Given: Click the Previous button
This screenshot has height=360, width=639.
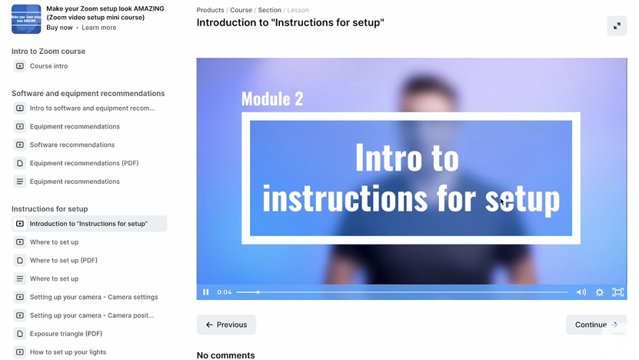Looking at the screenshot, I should tap(226, 325).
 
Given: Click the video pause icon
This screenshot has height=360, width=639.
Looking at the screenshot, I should tap(206, 292).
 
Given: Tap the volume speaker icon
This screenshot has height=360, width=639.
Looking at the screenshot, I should tap(581, 292).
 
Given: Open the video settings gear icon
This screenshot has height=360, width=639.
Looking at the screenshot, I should tap(600, 292).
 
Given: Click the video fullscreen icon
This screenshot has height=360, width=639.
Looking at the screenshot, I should tap(617, 292).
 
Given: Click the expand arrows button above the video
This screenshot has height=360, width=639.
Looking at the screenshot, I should tap(617, 25).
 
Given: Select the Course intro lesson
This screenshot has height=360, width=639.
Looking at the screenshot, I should tap(48, 66).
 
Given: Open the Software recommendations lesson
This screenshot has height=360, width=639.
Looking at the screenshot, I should tap(72, 145).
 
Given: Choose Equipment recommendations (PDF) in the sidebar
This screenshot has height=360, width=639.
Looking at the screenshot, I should tap(84, 163).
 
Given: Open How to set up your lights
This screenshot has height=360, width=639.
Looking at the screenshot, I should tap(68, 352).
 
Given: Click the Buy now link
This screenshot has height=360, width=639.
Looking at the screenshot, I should tap(59, 28).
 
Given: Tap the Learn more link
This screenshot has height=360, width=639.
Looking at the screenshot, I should tap(99, 28).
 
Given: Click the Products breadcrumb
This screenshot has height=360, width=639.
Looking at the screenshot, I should tap(210, 10).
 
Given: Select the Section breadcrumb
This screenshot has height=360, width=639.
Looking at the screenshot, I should tap(269, 10).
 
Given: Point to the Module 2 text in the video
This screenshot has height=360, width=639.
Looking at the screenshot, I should tap(272, 98).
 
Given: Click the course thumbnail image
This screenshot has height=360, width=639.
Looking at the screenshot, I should tap(26, 19).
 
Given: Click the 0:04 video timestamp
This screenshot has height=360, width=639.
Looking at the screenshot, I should tap(225, 292).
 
